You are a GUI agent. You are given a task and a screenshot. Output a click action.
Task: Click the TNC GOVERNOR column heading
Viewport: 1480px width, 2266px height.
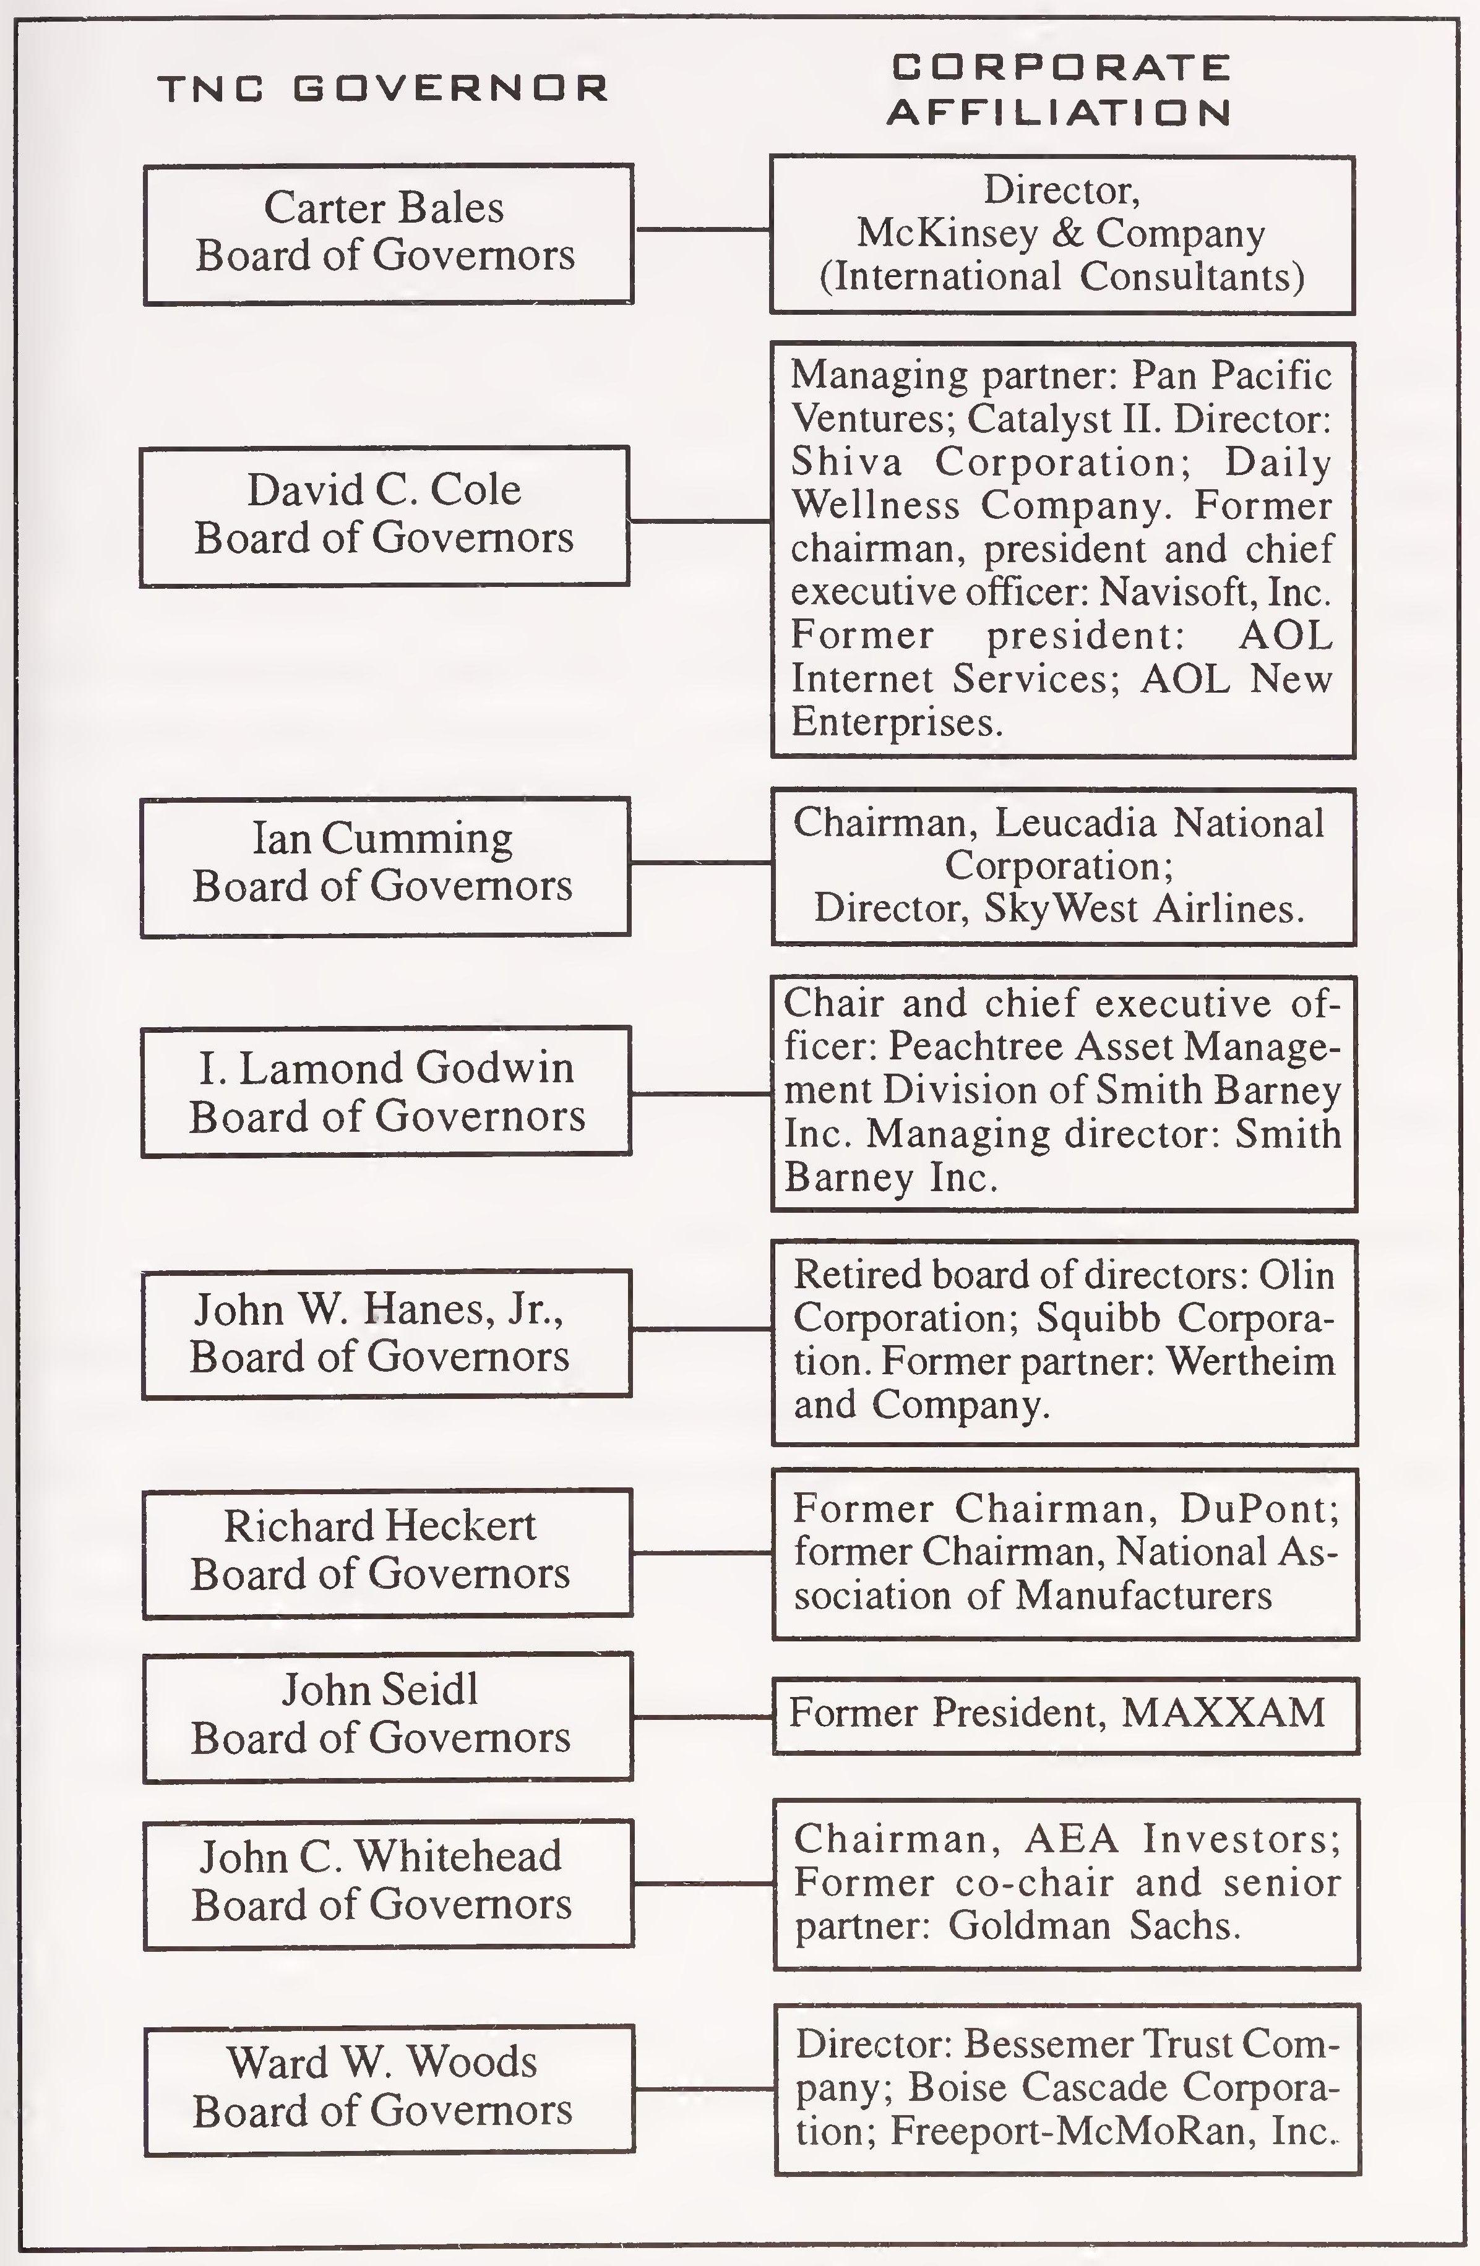point(383,90)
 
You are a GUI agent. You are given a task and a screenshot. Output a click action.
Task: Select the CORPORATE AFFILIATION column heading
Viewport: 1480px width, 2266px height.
point(1060,90)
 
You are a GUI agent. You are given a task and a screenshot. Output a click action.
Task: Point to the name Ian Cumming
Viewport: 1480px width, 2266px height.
point(383,839)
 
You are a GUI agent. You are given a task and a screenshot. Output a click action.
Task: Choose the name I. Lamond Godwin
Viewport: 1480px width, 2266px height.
point(385,1067)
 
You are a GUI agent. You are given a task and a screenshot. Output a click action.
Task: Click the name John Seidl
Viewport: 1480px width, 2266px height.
point(380,1690)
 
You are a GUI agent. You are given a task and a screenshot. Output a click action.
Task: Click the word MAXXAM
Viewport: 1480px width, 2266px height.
point(1224,1713)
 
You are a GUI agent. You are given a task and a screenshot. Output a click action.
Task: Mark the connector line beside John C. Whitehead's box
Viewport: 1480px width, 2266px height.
point(703,1883)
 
